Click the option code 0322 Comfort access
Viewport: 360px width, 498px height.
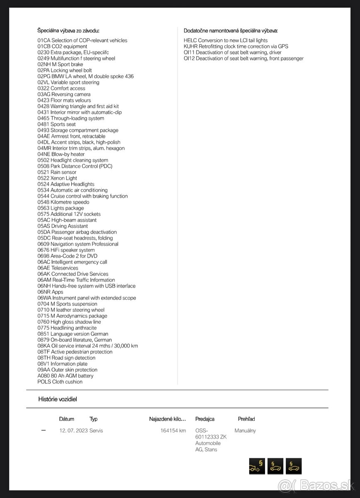pos(61,88)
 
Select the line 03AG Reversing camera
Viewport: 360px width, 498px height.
pos(64,94)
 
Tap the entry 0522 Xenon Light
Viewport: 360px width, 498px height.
pos(57,178)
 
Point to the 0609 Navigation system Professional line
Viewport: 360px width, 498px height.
pos(78,244)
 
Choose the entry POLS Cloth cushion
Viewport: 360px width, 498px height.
pos(60,382)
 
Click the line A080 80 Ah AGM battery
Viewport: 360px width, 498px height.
pos(65,376)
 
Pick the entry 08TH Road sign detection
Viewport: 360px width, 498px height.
pos(66,358)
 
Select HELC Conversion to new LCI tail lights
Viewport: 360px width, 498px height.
pos(226,40)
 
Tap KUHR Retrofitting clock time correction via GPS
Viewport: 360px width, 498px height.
pos(236,46)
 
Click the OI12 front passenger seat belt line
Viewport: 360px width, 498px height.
pos(243,59)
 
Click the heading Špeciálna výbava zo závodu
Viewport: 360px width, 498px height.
pos(68,30)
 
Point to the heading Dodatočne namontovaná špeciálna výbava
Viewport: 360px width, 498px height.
pos(231,30)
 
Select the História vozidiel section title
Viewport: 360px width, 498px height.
pos(58,399)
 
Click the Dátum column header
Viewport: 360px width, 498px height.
pos(67,419)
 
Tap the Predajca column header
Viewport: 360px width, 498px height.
pos(205,419)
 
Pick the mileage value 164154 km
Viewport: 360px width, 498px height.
pos(173,431)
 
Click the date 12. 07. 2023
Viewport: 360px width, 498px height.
pos(73,431)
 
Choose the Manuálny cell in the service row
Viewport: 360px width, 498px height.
pos(245,431)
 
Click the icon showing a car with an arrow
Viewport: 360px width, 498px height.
pos(257,466)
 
